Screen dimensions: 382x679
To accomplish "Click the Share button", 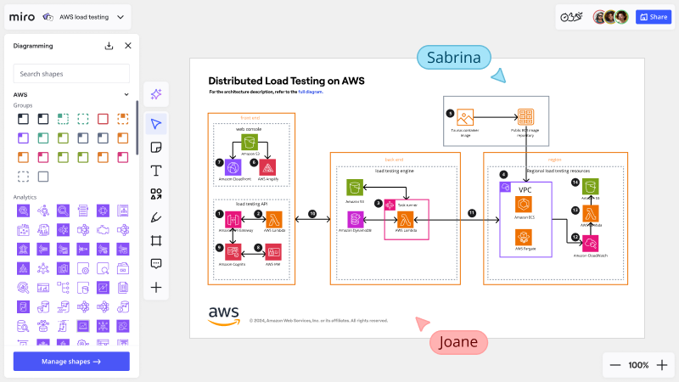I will click(x=654, y=17).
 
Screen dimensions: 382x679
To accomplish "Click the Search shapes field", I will click(x=71, y=74).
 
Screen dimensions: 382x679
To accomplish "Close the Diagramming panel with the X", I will click(x=128, y=46).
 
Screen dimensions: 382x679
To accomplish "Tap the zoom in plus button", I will click(x=662, y=365).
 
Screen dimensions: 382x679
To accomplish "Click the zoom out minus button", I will click(x=615, y=365).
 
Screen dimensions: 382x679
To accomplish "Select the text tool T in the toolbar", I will click(x=156, y=171).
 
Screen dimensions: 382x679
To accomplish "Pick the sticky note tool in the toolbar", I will click(x=156, y=148).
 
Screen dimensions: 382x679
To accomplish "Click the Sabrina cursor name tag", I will click(x=454, y=58).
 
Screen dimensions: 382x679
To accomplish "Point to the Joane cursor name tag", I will click(x=459, y=343).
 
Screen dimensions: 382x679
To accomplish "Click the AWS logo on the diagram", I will click(x=224, y=315).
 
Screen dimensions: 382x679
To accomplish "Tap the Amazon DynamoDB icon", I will click(x=356, y=220).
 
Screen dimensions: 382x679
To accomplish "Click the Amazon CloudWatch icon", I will click(x=592, y=243).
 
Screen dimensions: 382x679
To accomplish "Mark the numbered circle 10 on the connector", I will click(x=311, y=213).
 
